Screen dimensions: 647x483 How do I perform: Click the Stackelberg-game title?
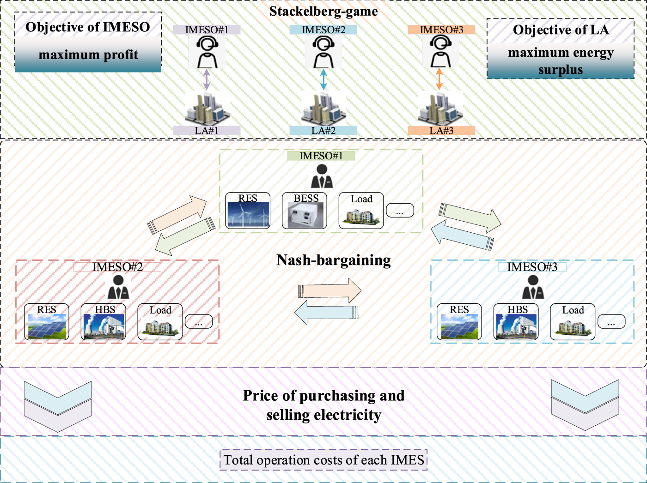323,12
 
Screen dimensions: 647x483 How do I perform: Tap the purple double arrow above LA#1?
207,79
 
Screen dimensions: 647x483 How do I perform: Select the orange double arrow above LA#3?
439,79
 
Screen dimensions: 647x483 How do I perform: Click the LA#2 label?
323,131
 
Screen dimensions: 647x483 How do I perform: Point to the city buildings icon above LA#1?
207,109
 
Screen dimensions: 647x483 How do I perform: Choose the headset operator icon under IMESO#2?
323,52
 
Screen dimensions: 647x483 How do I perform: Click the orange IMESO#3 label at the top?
441,30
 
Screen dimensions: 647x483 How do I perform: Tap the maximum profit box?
88,54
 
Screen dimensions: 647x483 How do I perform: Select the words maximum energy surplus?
561,61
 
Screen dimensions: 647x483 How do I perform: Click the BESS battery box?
305,211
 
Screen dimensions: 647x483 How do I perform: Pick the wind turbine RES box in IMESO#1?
248,211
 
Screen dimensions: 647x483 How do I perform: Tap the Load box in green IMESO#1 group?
361,211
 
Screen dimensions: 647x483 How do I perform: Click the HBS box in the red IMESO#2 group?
104,322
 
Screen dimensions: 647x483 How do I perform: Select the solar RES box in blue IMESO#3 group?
459,322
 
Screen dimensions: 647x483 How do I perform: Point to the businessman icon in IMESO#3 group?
533,287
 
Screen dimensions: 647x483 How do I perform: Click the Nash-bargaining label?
333,260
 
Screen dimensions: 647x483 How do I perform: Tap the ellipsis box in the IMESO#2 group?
199,321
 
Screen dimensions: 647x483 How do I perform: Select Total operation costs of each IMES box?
323,459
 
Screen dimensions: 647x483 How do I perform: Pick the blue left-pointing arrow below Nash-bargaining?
326,313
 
